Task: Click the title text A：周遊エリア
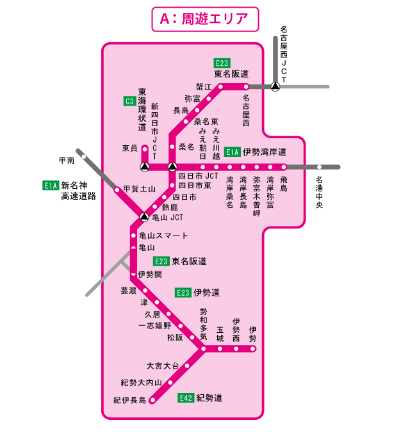pyautogui.click(x=205, y=19)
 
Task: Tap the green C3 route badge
pyautogui.click(x=129, y=100)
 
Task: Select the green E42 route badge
pyautogui.click(x=185, y=397)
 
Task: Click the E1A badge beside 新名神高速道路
pyautogui.click(x=51, y=186)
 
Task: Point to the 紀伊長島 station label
pyautogui.click(x=130, y=400)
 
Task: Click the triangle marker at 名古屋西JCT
pyautogui.click(x=275, y=86)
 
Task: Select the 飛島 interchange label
pyautogui.click(x=284, y=184)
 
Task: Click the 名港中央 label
pyautogui.click(x=320, y=193)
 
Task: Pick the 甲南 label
pyautogui.click(x=67, y=160)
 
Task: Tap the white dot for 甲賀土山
pyautogui.click(x=117, y=189)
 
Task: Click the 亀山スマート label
pyautogui.click(x=163, y=236)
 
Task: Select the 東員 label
pyautogui.click(x=130, y=148)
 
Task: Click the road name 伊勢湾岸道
pyautogui.click(x=264, y=152)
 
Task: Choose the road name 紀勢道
pyautogui.click(x=209, y=397)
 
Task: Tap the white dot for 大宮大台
pyautogui.click(x=188, y=365)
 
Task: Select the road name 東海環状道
pyautogui.click(x=142, y=109)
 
